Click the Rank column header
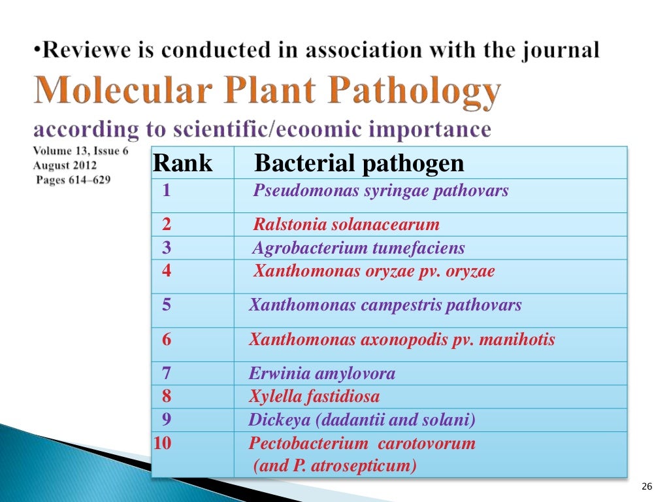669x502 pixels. (x=183, y=163)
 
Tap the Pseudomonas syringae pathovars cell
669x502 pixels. (x=381, y=192)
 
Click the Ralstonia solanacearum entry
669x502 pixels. (x=346, y=225)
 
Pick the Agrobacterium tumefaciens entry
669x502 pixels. (x=359, y=248)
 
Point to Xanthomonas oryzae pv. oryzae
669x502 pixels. (x=374, y=271)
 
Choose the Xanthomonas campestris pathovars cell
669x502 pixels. (x=385, y=305)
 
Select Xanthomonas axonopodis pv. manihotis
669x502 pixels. (x=402, y=340)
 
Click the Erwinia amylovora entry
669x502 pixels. (x=322, y=374)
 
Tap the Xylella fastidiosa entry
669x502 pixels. (x=314, y=396)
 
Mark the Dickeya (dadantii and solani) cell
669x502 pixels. (x=362, y=420)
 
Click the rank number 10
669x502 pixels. (x=162, y=443)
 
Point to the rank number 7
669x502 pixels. (x=167, y=374)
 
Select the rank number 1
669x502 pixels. (x=167, y=192)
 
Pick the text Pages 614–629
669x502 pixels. (x=73, y=180)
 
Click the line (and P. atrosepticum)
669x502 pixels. (x=334, y=466)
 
